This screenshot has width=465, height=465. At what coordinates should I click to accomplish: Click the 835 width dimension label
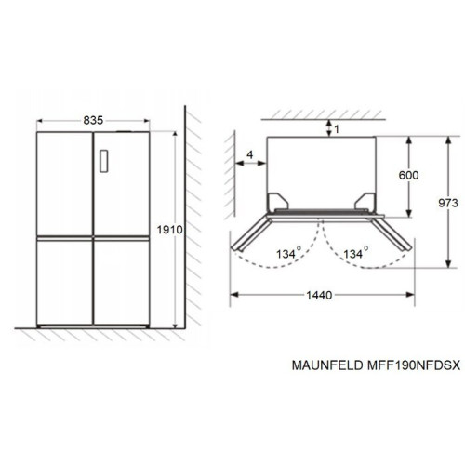point(93,120)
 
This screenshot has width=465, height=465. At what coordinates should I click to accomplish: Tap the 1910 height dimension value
point(169,230)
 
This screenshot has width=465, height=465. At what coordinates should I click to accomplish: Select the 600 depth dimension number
point(408,175)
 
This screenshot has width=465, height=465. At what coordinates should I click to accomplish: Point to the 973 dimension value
point(448,203)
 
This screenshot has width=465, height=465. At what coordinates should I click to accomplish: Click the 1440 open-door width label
point(319,295)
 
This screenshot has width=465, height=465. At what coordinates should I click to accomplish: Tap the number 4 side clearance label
point(250,154)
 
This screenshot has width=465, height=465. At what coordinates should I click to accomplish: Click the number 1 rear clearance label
point(337,129)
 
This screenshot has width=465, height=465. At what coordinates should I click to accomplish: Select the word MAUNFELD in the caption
point(327,365)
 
